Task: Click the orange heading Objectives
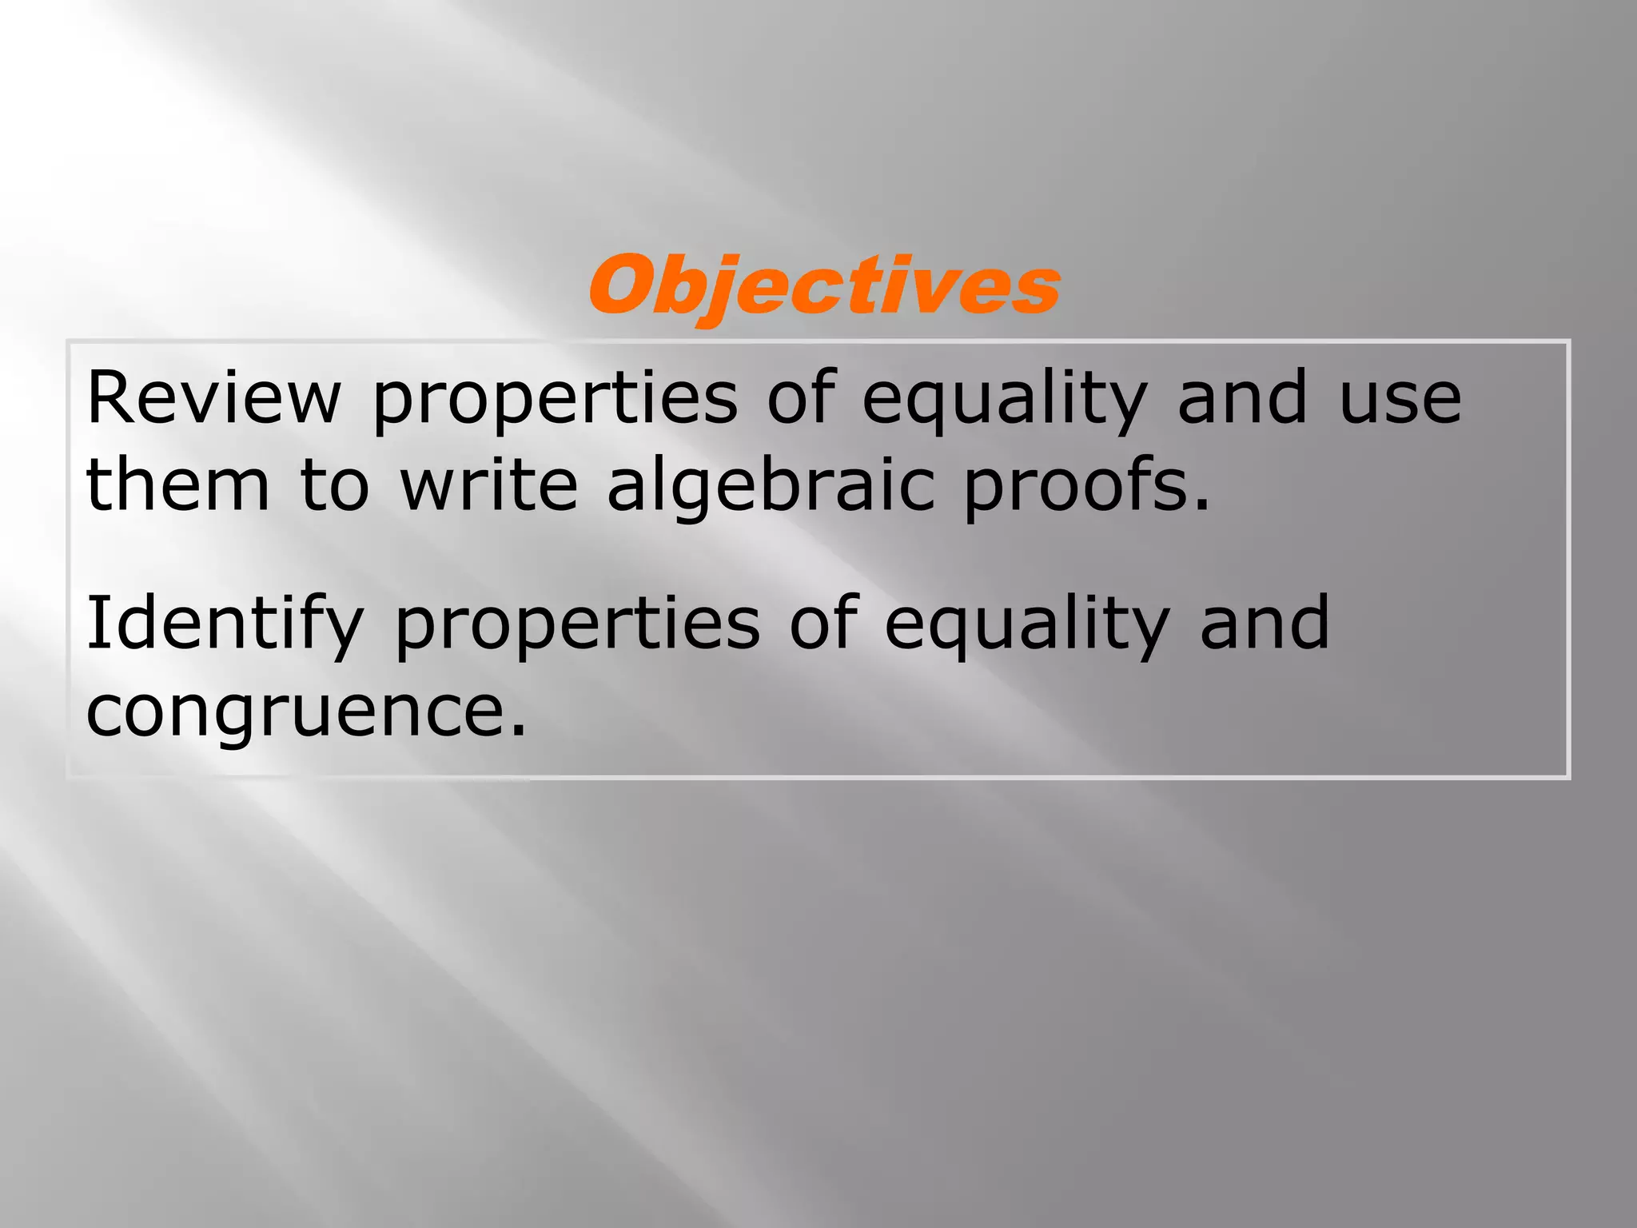pyautogui.click(x=824, y=286)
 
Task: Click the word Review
pyautogui.click(x=213, y=397)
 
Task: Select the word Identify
pyautogui.click(x=225, y=623)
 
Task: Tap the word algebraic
pyautogui.click(x=771, y=485)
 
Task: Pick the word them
pyautogui.click(x=178, y=485)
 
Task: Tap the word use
pyautogui.click(x=1400, y=397)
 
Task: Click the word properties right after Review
pyautogui.click(x=555, y=397)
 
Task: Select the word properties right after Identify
pyautogui.click(x=577, y=623)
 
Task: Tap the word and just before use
pyautogui.click(x=1242, y=397)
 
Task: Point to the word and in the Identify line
pyautogui.click(x=1265, y=623)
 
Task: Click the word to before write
pyautogui.click(x=335, y=485)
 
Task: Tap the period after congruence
pyautogui.click(x=518, y=730)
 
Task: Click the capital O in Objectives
pyautogui.click(x=623, y=285)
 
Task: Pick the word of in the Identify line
pyautogui.click(x=823, y=623)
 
